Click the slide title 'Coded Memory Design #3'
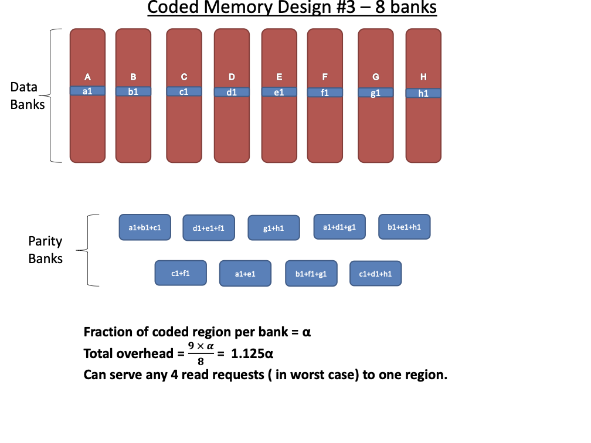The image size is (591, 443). (x=292, y=8)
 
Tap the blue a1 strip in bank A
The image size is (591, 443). (x=87, y=91)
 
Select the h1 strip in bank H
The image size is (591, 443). (x=423, y=93)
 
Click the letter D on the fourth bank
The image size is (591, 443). (x=232, y=77)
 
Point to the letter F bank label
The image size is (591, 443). (x=325, y=77)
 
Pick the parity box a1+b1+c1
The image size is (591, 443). (x=145, y=227)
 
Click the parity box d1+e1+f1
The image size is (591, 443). (x=209, y=228)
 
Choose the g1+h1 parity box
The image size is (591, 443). (x=274, y=228)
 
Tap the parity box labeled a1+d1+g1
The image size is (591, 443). (x=339, y=227)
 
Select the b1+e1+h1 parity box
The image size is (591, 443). (x=405, y=227)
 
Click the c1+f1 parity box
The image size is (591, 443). (x=181, y=273)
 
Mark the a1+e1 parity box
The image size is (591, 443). (x=245, y=274)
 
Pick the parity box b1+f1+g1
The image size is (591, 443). (x=311, y=274)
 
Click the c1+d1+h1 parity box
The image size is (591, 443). (x=376, y=274)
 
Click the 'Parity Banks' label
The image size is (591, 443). (x=45, y=250)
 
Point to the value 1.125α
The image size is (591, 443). (x=253, y=354)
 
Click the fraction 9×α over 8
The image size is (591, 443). (x=200, y=355)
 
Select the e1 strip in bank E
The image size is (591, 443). (x=279, y=92)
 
